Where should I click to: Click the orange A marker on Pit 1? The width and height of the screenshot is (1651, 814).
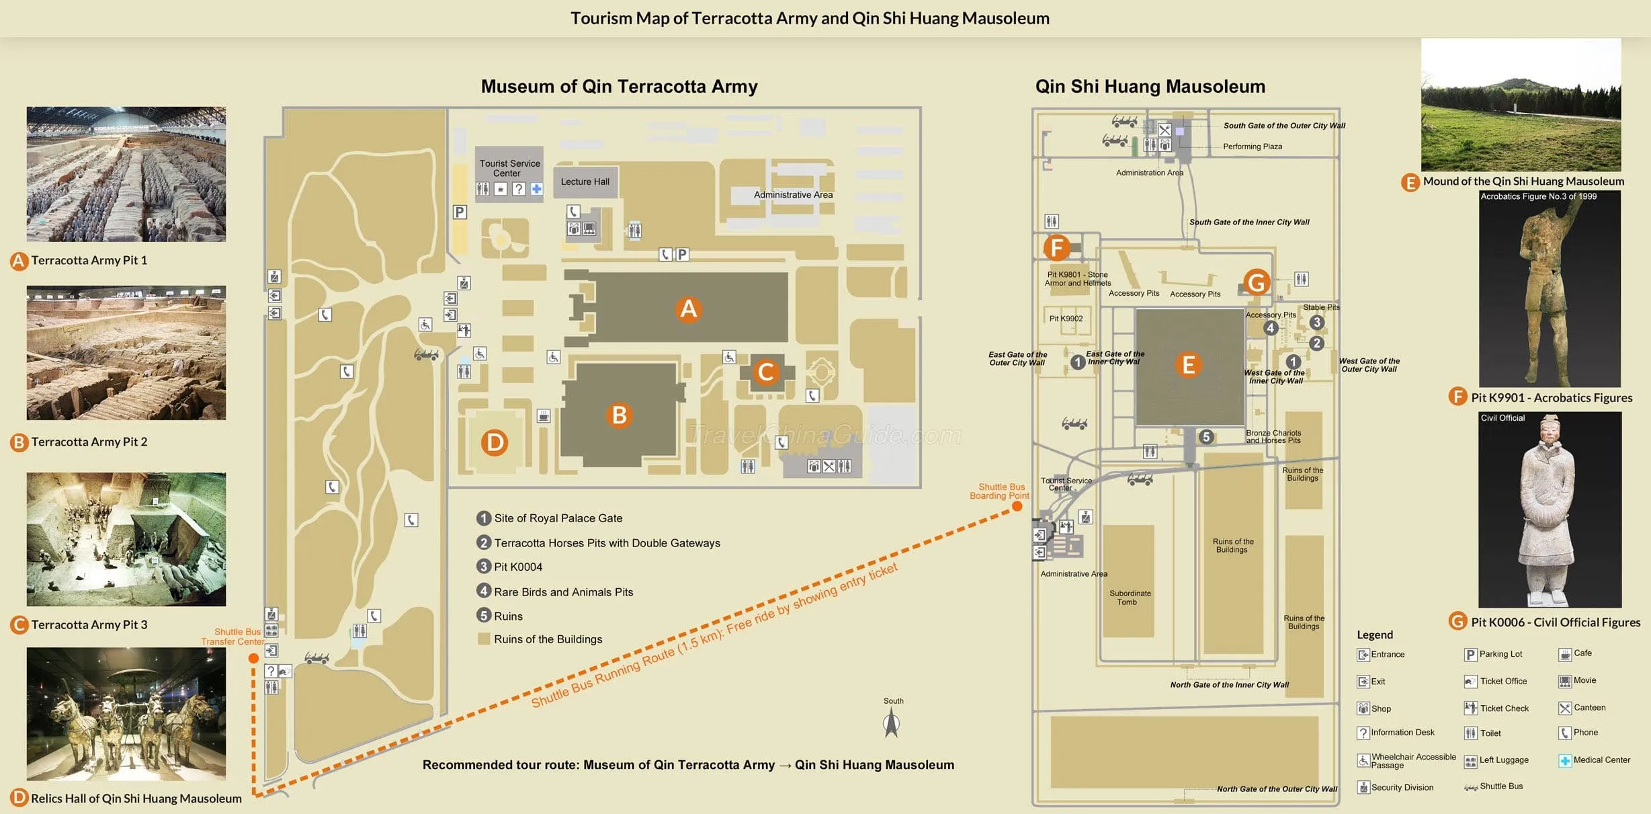[x=689, y=309]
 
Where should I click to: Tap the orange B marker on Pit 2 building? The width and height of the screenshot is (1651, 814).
[x=620, y=415]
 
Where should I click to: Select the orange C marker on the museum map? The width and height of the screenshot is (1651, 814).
[x=766, y=372]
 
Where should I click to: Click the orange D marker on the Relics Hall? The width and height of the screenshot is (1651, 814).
[x=495, y=442]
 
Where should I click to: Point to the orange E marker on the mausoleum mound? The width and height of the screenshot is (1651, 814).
[x=1189, y=365]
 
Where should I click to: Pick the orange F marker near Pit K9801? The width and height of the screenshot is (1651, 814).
[x=1057, y=247]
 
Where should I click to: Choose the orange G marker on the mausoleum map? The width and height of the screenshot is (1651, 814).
[x=1257, y=282]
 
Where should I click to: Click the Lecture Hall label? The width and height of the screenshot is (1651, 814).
[x=585, y=181]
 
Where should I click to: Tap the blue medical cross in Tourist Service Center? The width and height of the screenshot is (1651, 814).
[x=536, y=189]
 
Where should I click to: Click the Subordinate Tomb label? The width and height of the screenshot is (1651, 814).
[x=1130, y=598]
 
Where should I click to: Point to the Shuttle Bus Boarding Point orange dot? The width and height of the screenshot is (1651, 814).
[x=1017, y=506]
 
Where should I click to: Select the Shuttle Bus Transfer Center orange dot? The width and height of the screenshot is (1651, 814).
[x=253, y=658]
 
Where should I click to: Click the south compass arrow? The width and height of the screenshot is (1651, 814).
[x=892, y=723]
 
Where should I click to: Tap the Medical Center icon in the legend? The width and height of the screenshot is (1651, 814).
[x=1565, y=761]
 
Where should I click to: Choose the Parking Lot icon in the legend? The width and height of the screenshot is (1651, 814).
[x=1470, y=655]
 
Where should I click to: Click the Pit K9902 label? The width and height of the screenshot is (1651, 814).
[x=1066, y=319]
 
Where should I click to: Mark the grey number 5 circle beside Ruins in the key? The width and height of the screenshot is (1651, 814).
[x=484, y=615]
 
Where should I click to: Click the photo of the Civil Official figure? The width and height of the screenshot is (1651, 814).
[x=1550, y=510]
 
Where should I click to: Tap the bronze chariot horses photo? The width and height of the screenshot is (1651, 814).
[x=126, y=713]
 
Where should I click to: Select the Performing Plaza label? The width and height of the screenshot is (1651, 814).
[x=1253, y=147]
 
